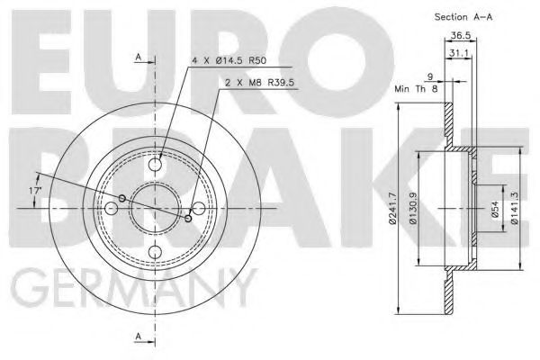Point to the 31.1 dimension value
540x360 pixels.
point(460,54)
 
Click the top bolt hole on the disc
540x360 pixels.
point(156,165)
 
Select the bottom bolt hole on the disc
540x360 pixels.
point(156,251)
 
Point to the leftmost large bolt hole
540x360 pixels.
point(112,208)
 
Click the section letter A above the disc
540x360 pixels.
point(139,57)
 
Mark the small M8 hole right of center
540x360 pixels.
point(188,218)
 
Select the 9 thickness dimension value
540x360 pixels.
point(431,76)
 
